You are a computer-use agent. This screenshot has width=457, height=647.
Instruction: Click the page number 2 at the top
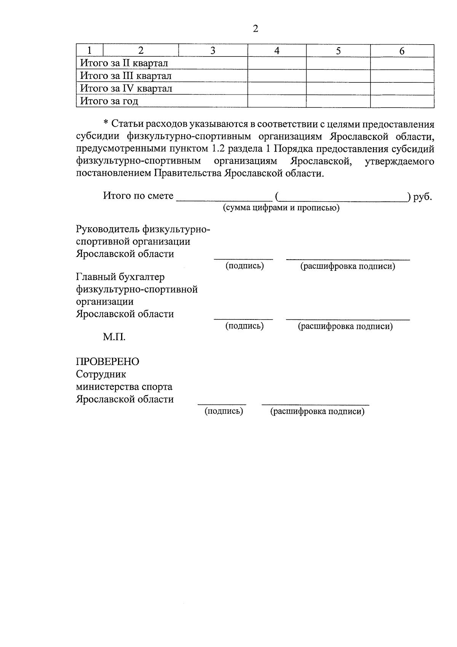coord(255,29)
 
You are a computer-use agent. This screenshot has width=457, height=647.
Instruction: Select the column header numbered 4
coord(277,51)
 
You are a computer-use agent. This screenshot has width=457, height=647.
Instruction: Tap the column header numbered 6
coord(402,51)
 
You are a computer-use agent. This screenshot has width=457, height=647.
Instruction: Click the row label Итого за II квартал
coord(124,63)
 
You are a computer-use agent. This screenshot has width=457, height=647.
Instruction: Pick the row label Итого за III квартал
coord(126,76)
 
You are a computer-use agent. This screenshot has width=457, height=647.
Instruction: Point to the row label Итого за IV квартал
coord(126,88)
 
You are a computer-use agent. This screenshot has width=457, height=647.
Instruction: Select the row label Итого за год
coord(109,101)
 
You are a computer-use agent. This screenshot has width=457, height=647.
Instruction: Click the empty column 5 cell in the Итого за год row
coord(338,101)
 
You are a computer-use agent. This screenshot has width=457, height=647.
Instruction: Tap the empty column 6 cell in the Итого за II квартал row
coord(402,63)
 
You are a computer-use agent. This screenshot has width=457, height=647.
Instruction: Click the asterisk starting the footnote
coord(106,124)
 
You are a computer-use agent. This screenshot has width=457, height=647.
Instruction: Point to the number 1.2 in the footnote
coord(218,149)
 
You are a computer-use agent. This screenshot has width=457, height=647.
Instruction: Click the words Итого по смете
coord(138,196)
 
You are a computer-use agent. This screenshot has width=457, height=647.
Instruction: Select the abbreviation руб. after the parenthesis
coord(422,197)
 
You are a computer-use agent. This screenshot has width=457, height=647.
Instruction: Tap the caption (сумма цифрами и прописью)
coord(281,208)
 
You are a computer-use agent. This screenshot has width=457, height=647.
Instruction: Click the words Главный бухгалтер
coord(120,277)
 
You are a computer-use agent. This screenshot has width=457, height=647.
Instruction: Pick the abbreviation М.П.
coord(114,337)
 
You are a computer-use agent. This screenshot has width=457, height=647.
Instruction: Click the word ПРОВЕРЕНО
coord(108,361)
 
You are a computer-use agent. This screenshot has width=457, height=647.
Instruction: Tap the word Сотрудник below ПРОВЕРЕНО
coord(101,374)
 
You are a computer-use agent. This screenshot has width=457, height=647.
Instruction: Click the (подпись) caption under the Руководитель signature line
coord(244,266)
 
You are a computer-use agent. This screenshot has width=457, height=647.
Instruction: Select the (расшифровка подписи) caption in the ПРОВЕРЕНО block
coord(317,411)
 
